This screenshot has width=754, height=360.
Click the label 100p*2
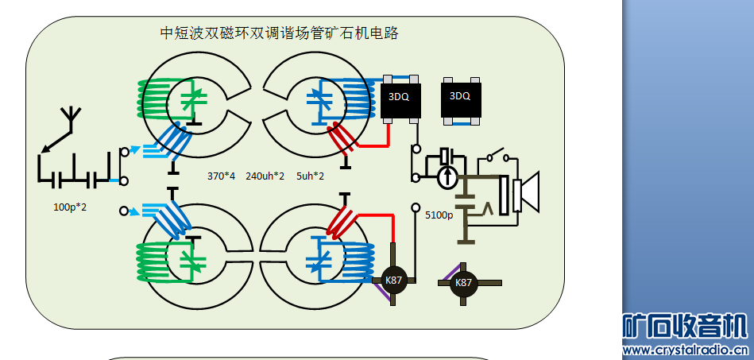[70, 207]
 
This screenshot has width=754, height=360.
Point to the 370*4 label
[221, 176]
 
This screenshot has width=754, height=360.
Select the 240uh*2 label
[265, 176]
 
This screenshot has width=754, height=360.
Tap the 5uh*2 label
[310, 176]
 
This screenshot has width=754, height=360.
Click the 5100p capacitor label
[439, 215]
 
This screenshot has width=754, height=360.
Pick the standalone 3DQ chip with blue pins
[460, 97]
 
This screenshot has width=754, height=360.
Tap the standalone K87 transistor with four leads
[463, 282]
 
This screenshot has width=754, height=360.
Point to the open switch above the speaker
[499, 154]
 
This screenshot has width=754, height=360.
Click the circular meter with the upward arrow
[447, 176]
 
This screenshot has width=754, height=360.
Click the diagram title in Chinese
[279, 33]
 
